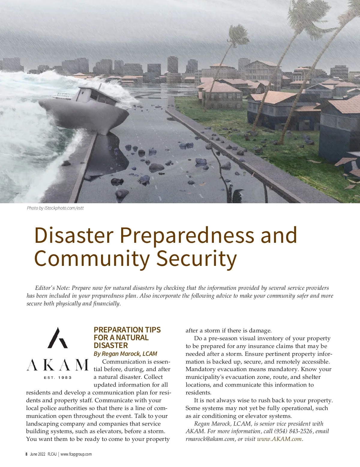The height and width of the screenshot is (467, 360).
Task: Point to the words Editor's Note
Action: [52, 288]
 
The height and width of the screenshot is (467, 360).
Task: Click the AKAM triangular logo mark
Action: [58, 338]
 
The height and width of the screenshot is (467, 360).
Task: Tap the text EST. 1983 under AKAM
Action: [58, 377]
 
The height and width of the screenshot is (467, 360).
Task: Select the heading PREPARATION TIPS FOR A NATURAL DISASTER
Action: [127, 338]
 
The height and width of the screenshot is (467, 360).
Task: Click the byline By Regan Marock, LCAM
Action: [125, 354]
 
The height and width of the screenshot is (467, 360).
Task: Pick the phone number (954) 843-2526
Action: [293, 431]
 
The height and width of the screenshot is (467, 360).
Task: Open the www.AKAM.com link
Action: [279, 439]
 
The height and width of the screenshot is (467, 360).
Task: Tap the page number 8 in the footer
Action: [26, 454]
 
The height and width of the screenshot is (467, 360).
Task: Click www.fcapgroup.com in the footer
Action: [76, 454]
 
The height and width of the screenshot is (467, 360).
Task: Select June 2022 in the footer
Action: [38, 454]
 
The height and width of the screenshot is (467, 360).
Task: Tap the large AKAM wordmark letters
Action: [58, 365]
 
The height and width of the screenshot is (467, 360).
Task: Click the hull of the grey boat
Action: [87, 115]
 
